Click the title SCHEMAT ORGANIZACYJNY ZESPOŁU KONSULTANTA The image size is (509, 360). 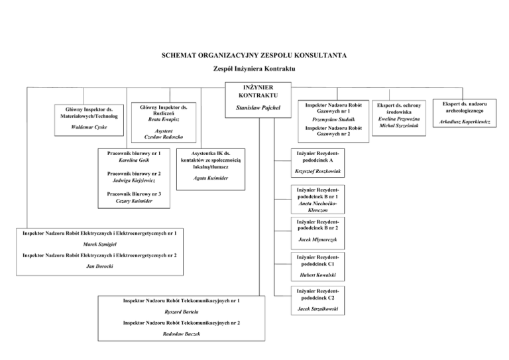pyautogui.click(x=254, y=55)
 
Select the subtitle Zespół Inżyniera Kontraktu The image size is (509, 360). pyautogui.click(x=254, y=69)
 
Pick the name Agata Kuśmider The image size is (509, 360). pyautogui.click(x=211, y=178)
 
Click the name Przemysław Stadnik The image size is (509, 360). pyautogui.click(x=329, y=119)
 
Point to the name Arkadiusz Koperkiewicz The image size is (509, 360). pyautogui.click(x=471, y=123)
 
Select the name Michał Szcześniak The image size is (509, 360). pyautogui.click(x=398, y=126)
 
